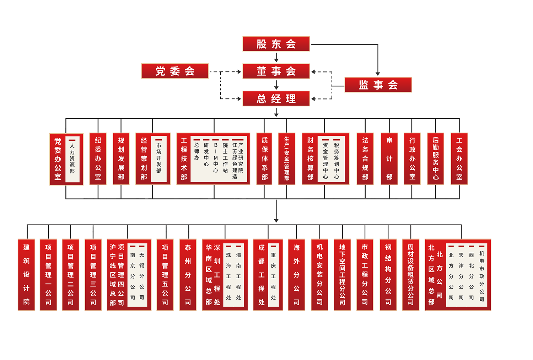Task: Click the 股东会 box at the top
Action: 276,44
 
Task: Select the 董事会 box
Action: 276,71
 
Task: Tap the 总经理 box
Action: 276,99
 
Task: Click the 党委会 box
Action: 175,71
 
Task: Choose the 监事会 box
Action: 378,85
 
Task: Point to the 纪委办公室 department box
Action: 98,159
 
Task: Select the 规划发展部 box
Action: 121,159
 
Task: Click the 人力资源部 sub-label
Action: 72,158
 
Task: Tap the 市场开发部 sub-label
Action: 158,158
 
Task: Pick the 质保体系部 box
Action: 264,159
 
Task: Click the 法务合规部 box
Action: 365,159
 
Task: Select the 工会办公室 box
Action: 459,159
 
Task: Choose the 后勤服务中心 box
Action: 436,159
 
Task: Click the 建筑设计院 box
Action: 26,275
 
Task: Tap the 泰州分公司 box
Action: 188,275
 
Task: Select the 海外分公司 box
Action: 296,275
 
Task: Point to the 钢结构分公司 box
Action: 388,275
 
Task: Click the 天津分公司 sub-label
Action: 461,276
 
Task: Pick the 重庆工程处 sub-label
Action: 273,276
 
